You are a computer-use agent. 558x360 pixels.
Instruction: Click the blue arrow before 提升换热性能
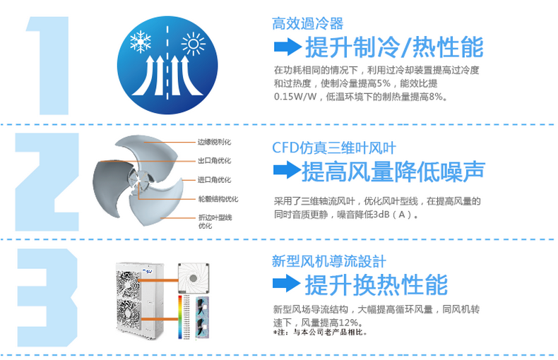pos(286,284)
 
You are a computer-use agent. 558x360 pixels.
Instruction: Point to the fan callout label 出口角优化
pos(214,161)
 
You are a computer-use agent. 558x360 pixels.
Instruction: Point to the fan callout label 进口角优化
pos(214,180)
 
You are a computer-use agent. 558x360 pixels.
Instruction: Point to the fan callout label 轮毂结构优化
pos(218,199)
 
